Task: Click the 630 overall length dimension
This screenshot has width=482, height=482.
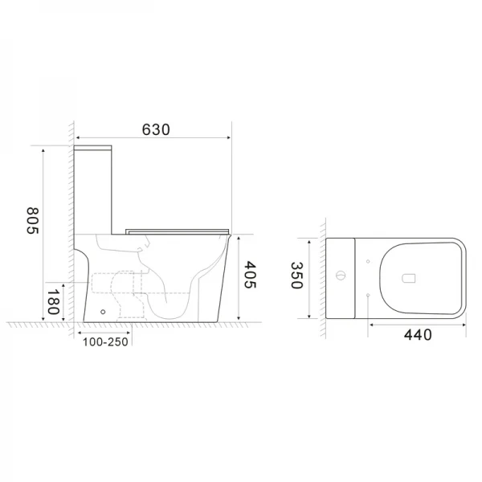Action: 156,129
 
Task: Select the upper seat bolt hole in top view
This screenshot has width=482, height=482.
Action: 367,261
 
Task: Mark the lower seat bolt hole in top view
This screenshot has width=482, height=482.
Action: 367,296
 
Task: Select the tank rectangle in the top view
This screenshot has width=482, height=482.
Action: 341,279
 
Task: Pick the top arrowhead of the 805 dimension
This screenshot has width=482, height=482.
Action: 44,149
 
